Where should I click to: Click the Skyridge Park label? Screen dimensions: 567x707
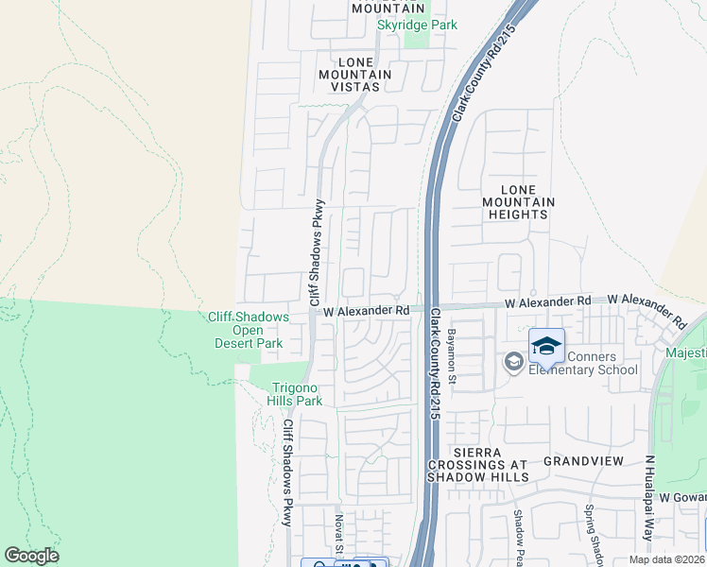[417, 25]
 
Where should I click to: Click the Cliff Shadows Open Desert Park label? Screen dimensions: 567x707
[249, 330]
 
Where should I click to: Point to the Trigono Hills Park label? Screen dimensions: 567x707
[298, 394]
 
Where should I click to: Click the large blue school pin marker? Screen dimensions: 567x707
[546, 347]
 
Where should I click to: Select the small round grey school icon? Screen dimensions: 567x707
[513, 362]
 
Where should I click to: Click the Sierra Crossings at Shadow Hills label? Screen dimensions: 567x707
[477, 465]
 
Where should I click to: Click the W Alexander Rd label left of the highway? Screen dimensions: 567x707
[366, 310]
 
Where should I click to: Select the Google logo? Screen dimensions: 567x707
[31, 556]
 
